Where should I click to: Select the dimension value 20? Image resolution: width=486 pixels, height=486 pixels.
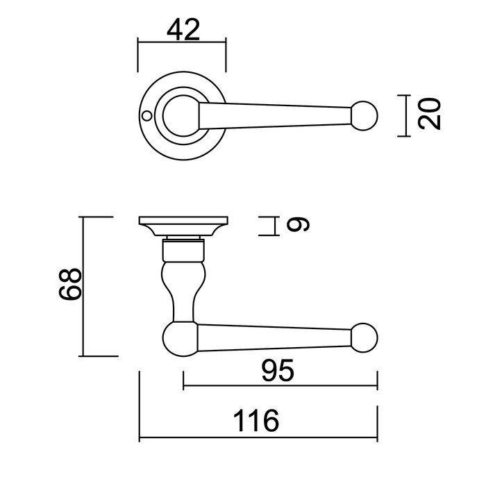coord(430,115)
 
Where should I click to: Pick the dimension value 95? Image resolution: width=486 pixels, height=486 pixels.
coord(279,372)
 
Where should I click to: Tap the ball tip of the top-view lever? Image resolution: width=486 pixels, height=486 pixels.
coord(364,115)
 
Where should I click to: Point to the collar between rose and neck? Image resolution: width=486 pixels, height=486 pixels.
coord(183,244)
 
